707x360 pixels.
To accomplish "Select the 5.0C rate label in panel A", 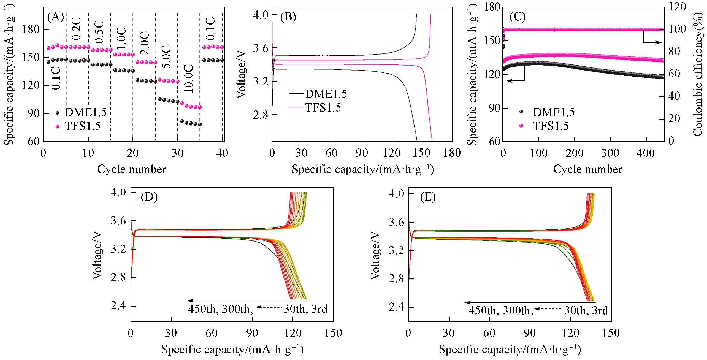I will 167,57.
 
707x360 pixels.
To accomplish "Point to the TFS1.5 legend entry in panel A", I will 83,126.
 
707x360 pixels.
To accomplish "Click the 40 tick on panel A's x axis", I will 222,153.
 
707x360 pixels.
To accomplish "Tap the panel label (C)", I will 518,17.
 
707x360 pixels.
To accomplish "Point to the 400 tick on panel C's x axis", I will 646,153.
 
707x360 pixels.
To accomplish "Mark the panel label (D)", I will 149,197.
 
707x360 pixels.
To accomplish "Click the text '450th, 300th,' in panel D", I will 220,309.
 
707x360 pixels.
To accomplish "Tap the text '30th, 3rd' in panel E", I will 586,310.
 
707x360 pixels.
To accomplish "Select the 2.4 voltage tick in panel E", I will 396,307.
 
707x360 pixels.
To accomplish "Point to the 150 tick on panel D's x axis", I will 334,333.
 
